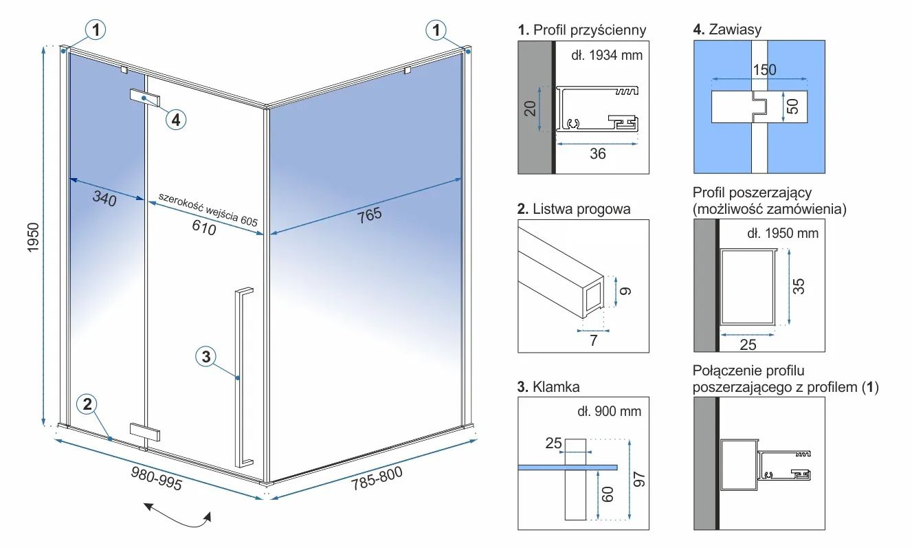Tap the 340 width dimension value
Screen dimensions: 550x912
104,200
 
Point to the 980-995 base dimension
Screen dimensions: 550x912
157,479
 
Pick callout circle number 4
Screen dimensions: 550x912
176,120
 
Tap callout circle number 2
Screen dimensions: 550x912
87,404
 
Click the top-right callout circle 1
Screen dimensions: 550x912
436,30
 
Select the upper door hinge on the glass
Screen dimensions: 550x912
145,98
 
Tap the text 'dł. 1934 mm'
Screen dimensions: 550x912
607,55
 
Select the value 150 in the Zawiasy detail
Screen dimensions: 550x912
764,69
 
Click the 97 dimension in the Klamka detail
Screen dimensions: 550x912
638,478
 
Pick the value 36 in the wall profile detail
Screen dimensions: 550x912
598,153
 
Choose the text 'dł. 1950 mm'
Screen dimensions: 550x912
783,233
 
